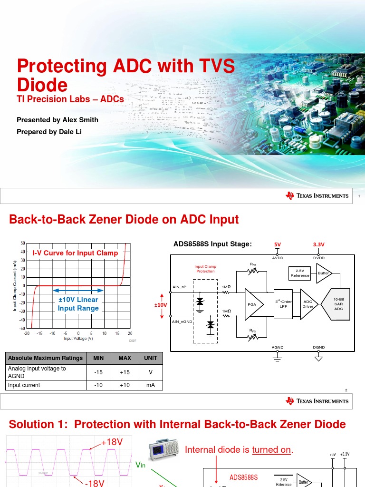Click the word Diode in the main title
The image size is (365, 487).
pos(42,85)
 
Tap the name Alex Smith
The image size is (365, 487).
pos(79,120)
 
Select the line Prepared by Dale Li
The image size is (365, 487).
pos(49,132)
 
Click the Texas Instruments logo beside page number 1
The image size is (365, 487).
pos(317,195)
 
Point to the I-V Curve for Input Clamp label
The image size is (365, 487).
pos(75,253)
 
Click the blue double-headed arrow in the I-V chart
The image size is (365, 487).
pos(78,290)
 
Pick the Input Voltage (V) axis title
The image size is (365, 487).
pos(78,339)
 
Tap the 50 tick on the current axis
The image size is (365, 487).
pos(22,243)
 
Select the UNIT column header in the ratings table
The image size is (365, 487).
pos(150,358)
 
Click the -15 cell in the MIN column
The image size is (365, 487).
pos(98,372)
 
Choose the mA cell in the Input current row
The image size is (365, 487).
pos(150,385)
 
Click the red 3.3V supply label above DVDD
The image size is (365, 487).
pos(318,244)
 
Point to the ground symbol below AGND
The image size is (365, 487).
pos(278,358)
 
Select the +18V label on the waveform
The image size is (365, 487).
pos(112,442)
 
